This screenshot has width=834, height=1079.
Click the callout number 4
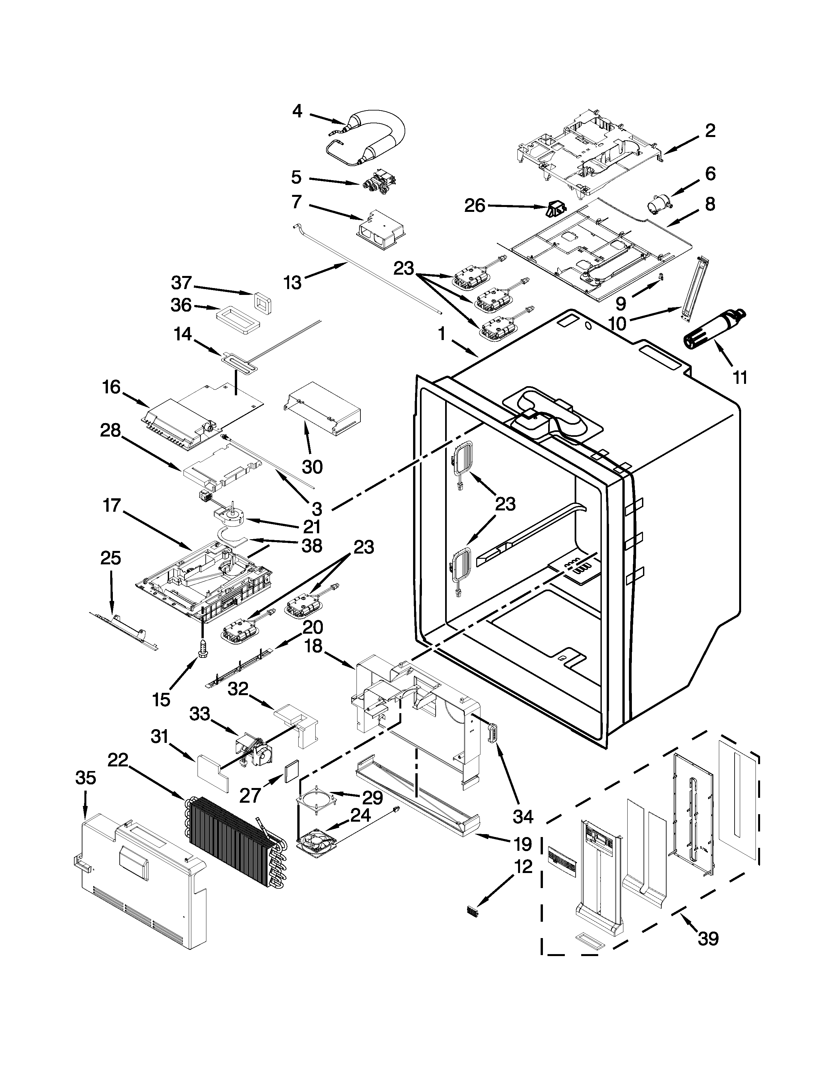pyautogui.click(x=297, y=111)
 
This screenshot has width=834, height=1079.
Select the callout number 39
pyautogui.click(x=708, y=938)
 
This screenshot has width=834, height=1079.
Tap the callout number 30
pyautogui.click(x=312, y=466)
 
